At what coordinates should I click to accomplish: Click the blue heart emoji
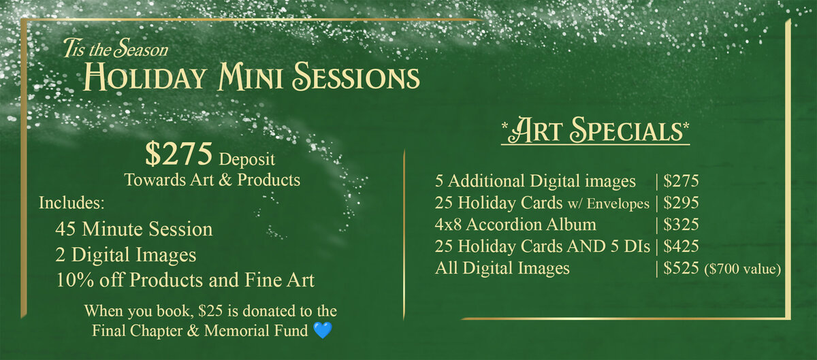(323, 330)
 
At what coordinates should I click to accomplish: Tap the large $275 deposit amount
(178, 154)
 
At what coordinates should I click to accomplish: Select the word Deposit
(247, 159)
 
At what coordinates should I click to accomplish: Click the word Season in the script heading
(141, 48)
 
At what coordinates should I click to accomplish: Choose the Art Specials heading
(595, 130)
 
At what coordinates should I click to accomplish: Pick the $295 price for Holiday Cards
(681, 203)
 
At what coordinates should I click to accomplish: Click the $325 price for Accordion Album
(681, 225)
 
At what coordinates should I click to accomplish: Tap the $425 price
(681, 246)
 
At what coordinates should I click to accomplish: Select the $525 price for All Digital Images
(681, 268)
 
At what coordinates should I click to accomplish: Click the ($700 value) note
(743, 269)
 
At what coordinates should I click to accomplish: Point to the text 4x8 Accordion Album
(515, 225)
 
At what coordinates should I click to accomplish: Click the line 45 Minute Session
(134, 229)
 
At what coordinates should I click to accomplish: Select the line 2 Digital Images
(126, 255)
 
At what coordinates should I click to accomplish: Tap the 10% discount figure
(74, 280)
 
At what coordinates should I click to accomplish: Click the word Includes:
(72, 203)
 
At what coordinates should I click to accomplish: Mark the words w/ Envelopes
(609, 203)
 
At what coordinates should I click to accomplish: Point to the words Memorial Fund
(256, 331)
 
